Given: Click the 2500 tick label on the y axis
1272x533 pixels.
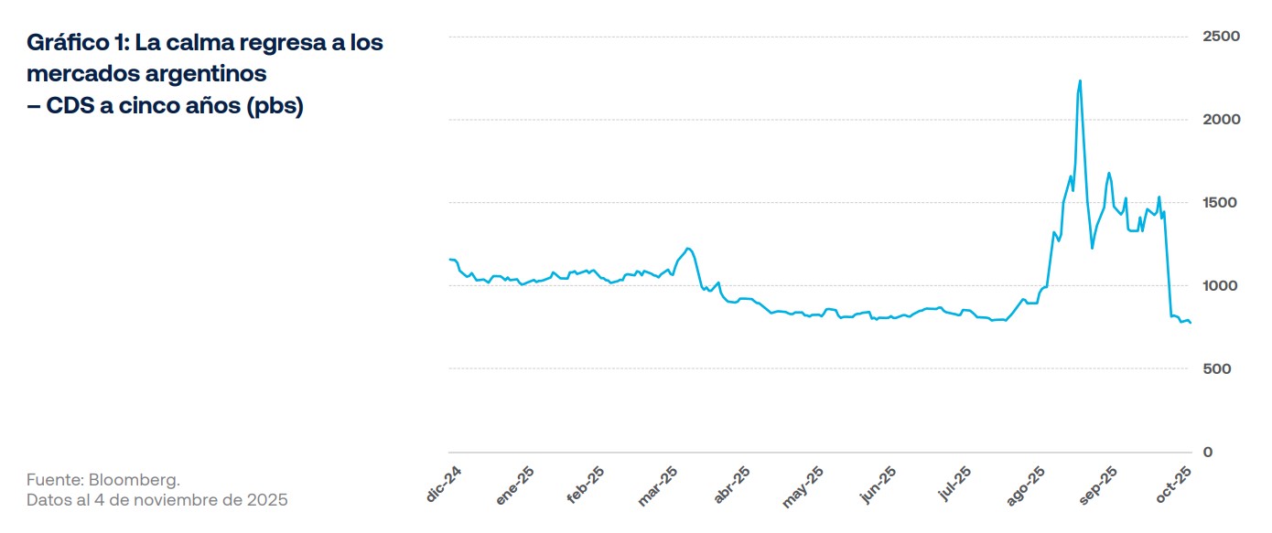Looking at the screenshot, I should tap(1221, 37).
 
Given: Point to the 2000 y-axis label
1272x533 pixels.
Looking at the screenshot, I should tap(1221, 120).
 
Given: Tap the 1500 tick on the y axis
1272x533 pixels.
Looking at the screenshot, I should tap(1221, 203).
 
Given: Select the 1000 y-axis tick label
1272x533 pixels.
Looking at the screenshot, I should tap(1221, 286).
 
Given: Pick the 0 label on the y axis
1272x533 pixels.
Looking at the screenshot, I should tap(1208, 453).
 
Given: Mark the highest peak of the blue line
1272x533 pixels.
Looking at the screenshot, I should tap(1081, 80).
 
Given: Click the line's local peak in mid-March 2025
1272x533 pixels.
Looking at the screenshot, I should tap(688, 248).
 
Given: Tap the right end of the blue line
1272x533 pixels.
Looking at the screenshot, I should tap(1191, 323).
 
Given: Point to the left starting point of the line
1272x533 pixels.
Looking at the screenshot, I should tap(449, 260).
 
